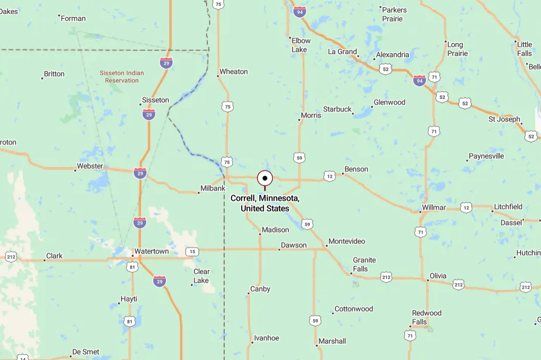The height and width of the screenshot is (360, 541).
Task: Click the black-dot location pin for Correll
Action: click(265, 178)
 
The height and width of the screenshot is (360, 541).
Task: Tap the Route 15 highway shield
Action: click(192, 252)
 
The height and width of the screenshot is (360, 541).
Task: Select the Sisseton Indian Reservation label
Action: click(121, 77)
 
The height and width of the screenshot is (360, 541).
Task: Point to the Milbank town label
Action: click(213, 188)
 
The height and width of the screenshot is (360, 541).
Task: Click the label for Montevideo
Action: click(347, 241)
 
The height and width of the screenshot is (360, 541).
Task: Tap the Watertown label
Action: click(152, 252)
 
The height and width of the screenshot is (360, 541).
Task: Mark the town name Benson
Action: click(356, 169)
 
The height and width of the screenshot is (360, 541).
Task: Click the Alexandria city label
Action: click(392, 55)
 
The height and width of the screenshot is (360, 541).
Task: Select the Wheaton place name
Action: click(233, 71)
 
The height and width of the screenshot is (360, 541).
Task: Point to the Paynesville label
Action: click(486, 156)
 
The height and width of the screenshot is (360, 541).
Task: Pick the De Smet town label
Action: click(86, 352)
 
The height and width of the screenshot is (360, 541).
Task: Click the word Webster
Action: click(90, 166)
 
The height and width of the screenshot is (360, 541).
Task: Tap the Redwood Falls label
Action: click(427, 317)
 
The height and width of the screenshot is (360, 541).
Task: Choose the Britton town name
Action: click(54, 74)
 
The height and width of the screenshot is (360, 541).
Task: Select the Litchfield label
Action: click(508, 207)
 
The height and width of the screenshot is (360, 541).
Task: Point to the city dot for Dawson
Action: click(279, 249)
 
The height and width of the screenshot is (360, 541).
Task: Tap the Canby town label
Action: click(260, 289)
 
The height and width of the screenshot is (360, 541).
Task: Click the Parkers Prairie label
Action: click(395, 14)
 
